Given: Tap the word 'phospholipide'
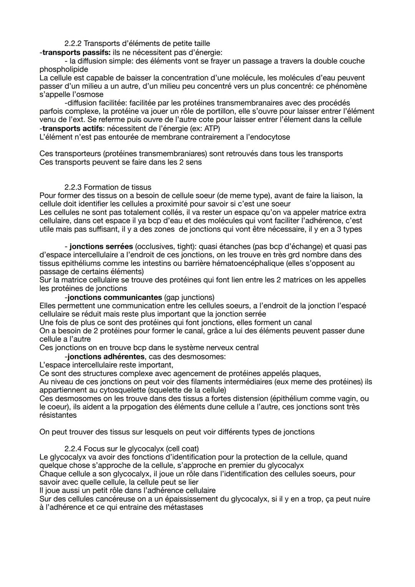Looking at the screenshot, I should [63, 69].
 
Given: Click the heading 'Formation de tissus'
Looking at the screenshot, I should [117, 187].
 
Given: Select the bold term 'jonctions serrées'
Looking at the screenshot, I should [101, 246].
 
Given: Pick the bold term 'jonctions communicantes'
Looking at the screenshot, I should [115, 297].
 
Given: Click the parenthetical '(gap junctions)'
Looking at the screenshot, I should [189, 297].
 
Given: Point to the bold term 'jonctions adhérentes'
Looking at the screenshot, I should [106, 356].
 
